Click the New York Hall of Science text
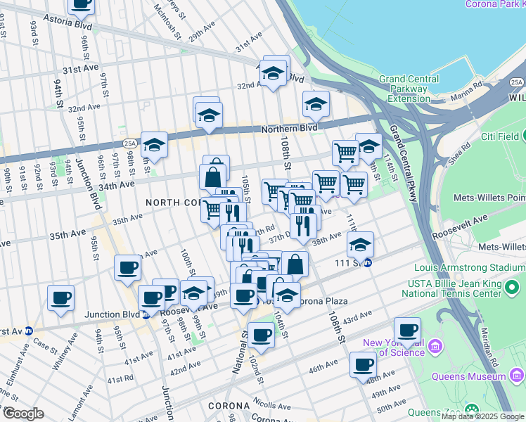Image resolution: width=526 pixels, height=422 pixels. pyautogui.click(x=394, y=347)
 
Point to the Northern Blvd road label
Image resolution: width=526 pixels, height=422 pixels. pyautogui.click(x=288, y=128)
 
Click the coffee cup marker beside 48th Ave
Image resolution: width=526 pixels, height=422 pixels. pyautogui.click(x=363, y=365)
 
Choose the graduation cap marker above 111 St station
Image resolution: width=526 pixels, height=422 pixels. pyautogui.click(x=360, y=244)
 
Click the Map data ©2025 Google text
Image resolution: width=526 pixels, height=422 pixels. pyautogui.click(x=482, y=416)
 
